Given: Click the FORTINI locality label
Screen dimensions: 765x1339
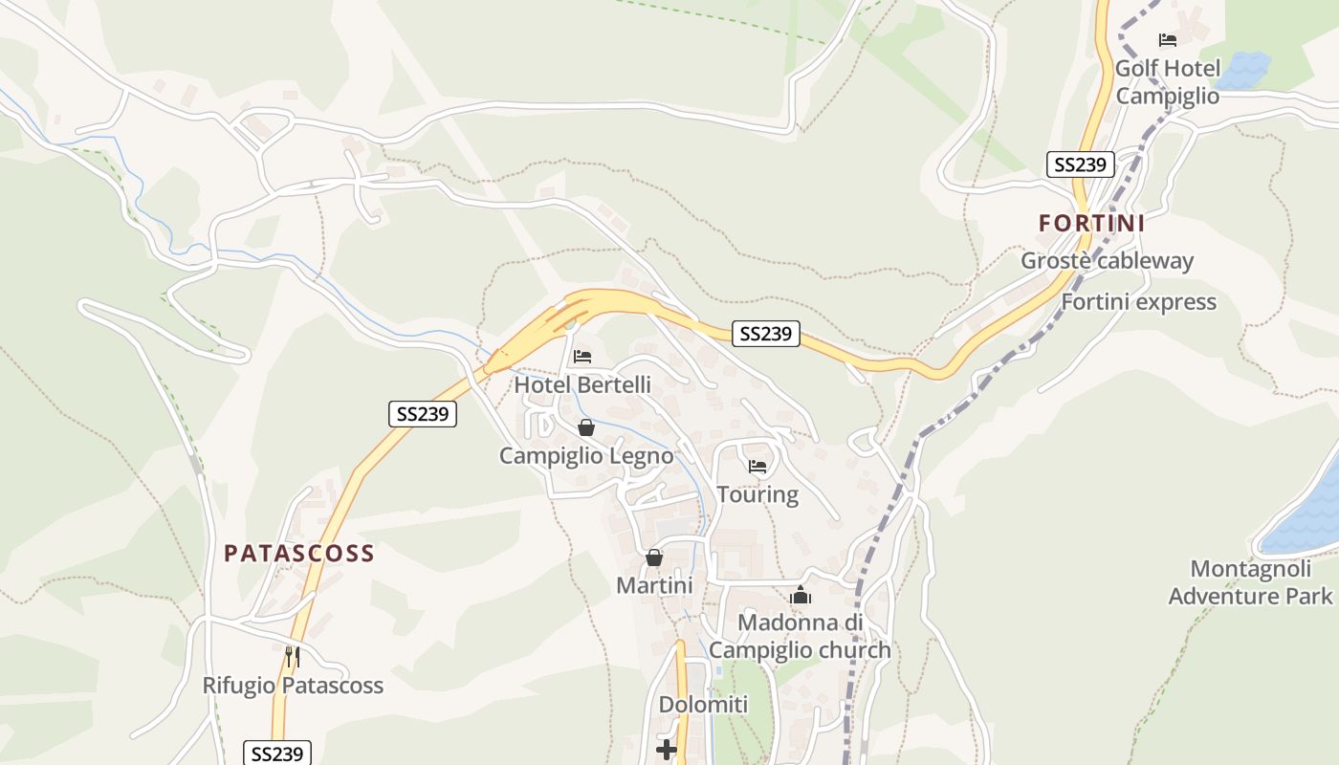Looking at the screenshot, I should (1091, 223).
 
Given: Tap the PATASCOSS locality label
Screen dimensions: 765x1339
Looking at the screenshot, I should (298, 554).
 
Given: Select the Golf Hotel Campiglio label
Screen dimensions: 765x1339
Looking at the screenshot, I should (1167, 82).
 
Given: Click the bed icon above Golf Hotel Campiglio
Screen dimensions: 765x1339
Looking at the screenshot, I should (1167, 40).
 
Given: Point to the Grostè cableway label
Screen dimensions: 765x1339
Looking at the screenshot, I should (1107, 260).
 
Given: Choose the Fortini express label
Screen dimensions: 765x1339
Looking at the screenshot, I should (1138, 302).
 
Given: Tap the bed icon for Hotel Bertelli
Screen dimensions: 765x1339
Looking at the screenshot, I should (582, 357).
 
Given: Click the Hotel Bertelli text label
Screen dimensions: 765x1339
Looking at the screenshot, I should (582, 384).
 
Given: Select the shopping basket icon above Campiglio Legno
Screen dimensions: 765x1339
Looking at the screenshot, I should (585, 427).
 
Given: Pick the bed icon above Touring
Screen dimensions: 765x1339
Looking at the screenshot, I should (757, 467).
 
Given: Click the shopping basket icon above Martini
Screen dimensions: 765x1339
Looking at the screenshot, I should (654, 557).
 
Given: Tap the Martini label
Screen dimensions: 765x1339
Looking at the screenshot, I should (654, 584).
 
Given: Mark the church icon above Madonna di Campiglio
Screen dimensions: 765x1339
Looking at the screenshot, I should (801, 596).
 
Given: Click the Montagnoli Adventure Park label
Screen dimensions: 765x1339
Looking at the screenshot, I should (1250, 582).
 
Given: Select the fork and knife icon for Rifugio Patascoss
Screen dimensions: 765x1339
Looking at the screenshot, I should (293, 657).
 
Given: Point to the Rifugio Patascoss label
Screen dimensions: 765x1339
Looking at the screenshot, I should (293, 686).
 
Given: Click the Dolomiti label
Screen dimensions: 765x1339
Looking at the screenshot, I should (703, 705).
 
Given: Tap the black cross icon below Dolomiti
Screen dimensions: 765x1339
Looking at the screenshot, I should (667, 750).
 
